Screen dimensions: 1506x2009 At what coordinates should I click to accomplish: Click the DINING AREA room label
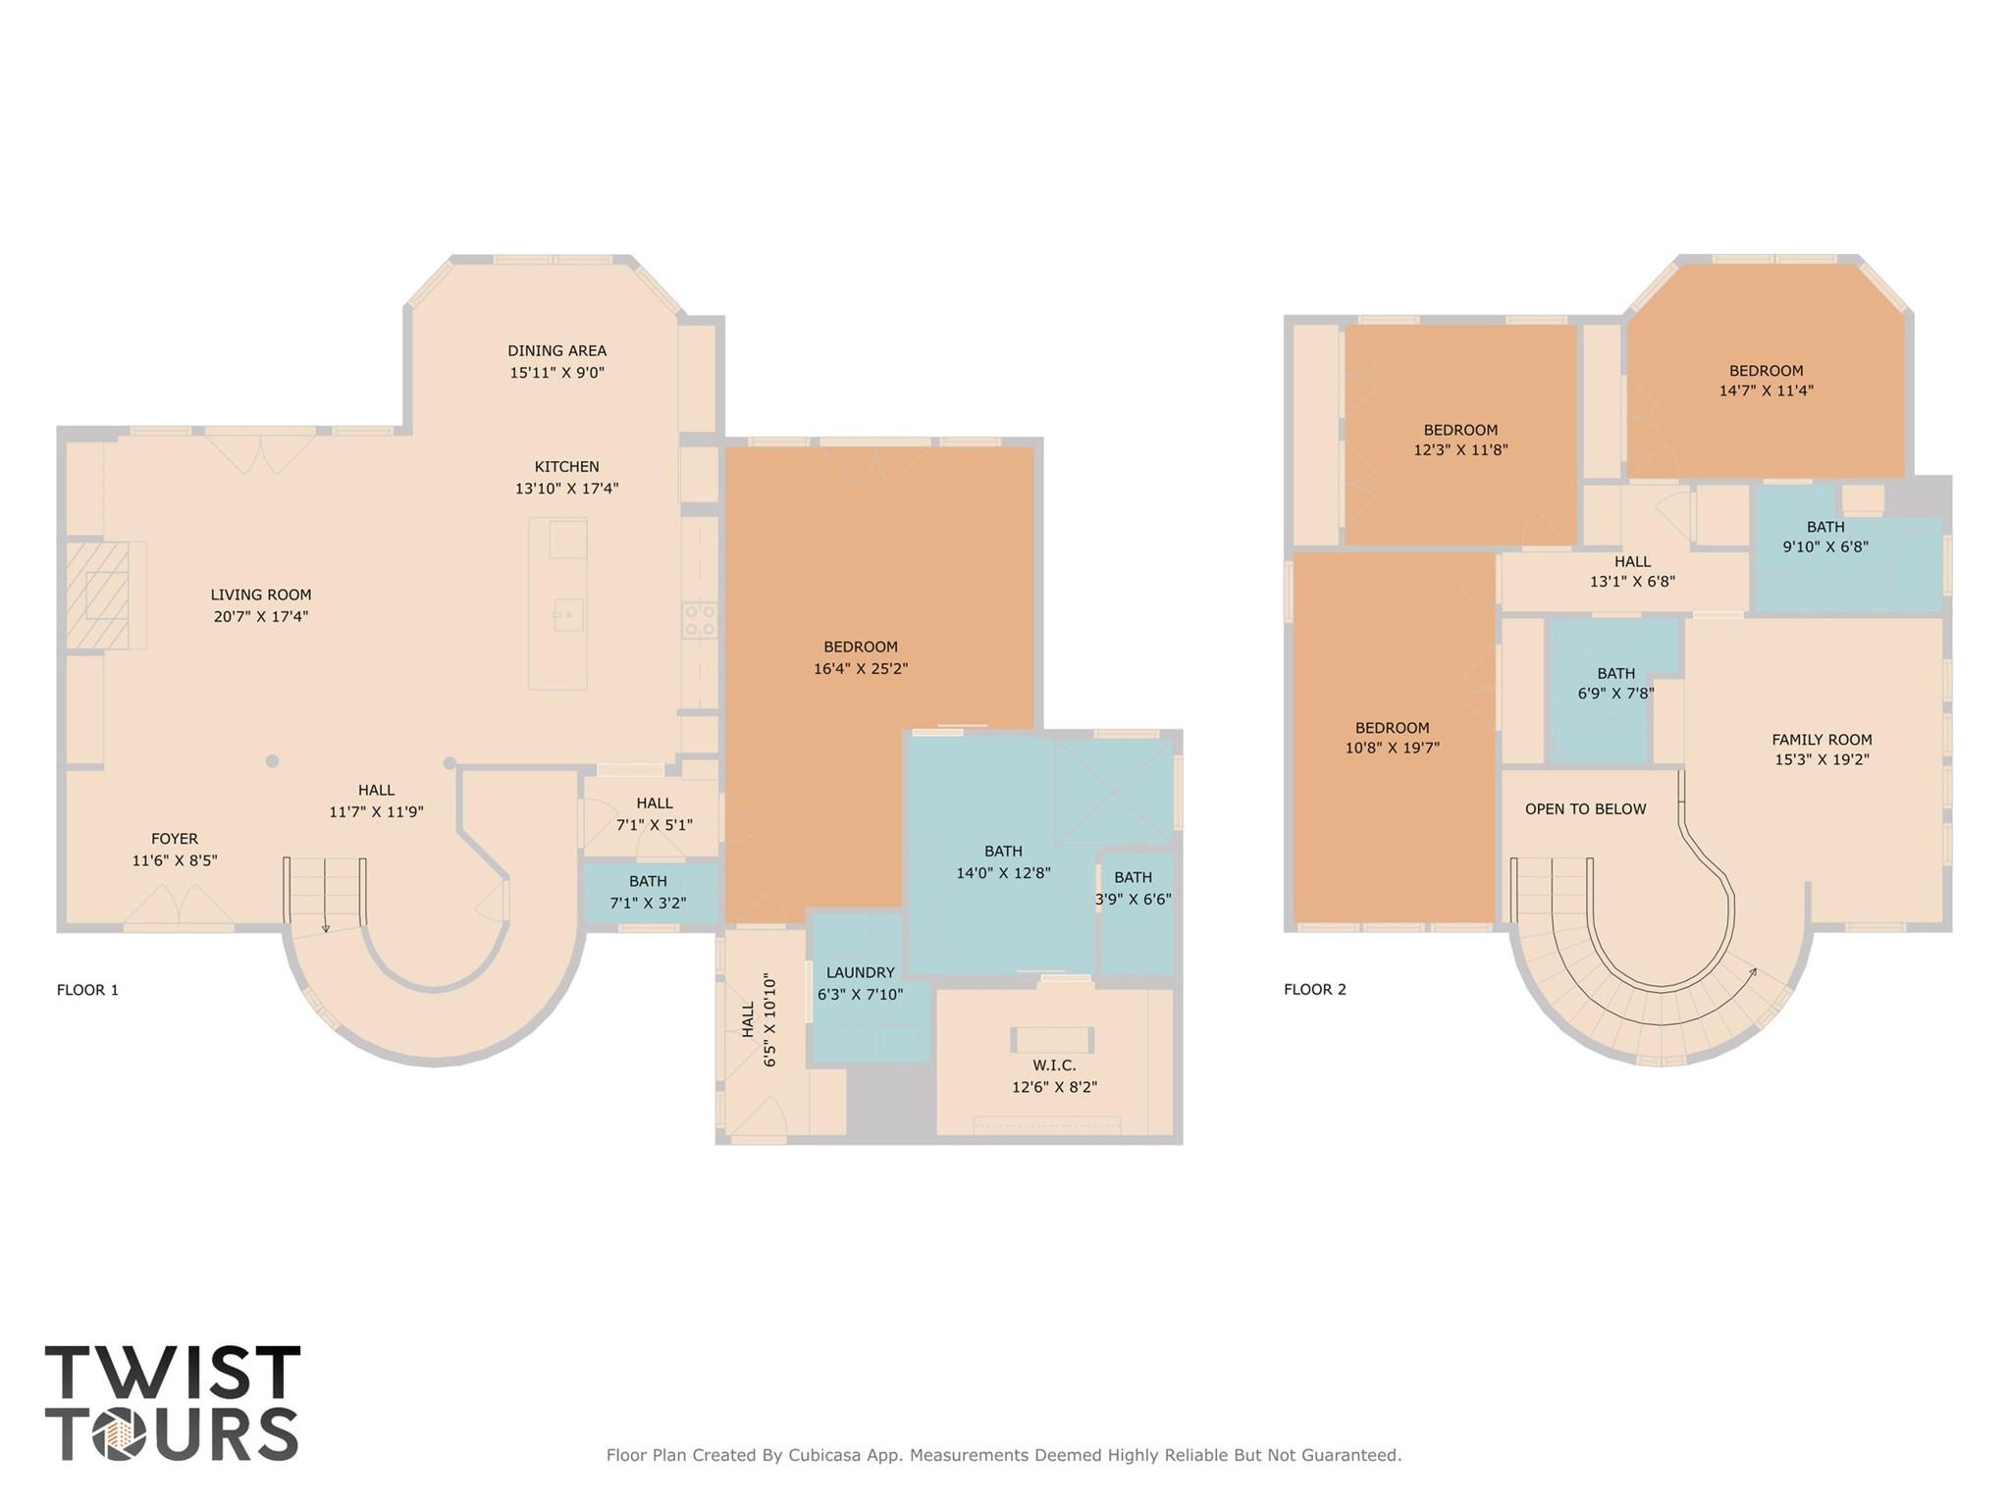pyautogui.click(x=556, y=350)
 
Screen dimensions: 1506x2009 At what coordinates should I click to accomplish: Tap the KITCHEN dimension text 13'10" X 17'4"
pyautogui.click(x=566, y=489)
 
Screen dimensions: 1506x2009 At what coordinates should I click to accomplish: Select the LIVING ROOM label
pyautogui.click(x=261, y=595)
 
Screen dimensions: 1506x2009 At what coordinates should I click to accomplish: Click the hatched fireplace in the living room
pyautogui.click(x=97, y=595)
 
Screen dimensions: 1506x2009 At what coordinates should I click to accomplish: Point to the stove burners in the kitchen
pyautogui.click(x=700, y=620)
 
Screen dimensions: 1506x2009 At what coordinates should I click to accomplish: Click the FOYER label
pyautogui.click(x=175, y=839)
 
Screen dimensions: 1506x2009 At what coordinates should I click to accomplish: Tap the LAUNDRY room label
pyautogui.click(x=860, y=972)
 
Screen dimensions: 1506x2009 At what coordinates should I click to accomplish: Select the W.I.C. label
pyautogui.click(x=1054, y=1065)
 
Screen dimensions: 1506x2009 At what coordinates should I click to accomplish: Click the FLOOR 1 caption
pyautogui.click(x=87, y=990)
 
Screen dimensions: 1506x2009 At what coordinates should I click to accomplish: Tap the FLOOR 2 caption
pyautogui.click(x=1315, y=990)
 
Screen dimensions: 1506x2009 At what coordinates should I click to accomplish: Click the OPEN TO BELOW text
pyautogui.click(x=1585, y=809)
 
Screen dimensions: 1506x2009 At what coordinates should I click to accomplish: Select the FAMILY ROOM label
pyautogui.click(x=1822, y=740)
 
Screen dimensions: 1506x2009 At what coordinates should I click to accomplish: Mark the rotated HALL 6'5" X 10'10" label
pyautogui.click(x=759, y=1020)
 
